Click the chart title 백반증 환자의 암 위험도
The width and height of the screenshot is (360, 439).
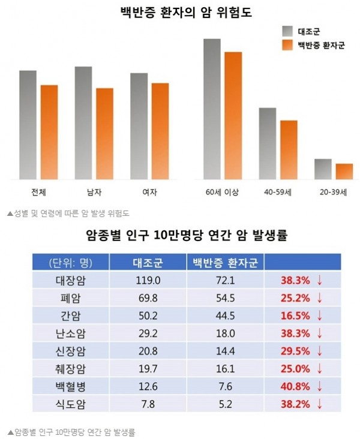click(179, 12)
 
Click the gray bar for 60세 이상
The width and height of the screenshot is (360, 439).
click(212, 109)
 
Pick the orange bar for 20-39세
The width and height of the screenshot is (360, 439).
click(344, 171)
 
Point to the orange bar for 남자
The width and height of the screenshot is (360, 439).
click(104, 133)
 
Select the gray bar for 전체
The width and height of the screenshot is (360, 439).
click(28, 124)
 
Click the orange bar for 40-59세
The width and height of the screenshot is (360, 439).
click(289, 149)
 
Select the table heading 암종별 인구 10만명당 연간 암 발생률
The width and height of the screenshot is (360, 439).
click(179, 236)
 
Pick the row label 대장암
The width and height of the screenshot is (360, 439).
click(70, 279)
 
